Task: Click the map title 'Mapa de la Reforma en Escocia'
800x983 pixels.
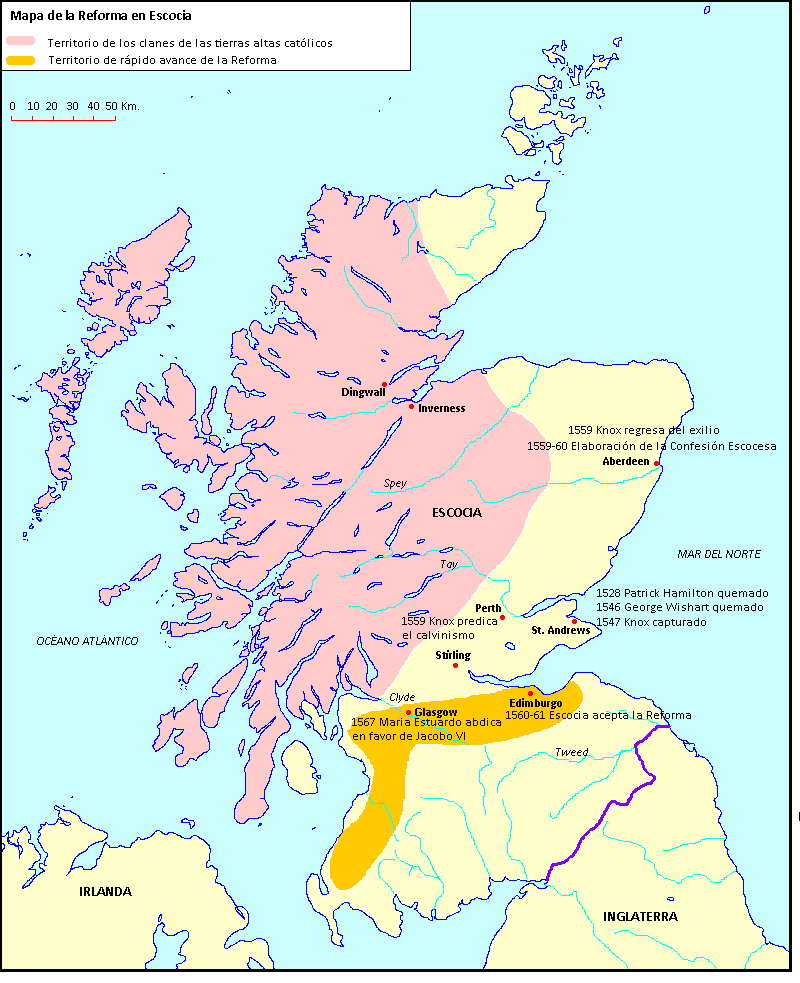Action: (101, 16)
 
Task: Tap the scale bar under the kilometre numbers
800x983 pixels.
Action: (63, 119)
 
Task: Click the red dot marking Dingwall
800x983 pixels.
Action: (384, 384)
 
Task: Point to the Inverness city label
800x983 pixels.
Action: (441, 408)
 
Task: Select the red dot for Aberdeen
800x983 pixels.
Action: (656, 463)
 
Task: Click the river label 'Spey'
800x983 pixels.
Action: (395, 483)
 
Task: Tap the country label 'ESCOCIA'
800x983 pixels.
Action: (457, 512)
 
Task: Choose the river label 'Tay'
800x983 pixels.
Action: (449, 564)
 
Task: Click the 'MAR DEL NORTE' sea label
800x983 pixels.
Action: (718, 554)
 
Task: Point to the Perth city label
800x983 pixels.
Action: (488, 608)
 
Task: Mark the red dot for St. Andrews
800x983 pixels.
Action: (574, 621)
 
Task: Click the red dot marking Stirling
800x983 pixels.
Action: (456, 666)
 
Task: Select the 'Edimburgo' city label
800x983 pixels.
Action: (535, 704)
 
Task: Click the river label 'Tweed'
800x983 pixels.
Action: (571, 752)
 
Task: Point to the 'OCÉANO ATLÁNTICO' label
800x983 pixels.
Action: (86, 640)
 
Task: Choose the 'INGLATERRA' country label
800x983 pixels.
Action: (640, 916)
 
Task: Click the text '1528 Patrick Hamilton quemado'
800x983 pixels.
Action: (682, 592)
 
